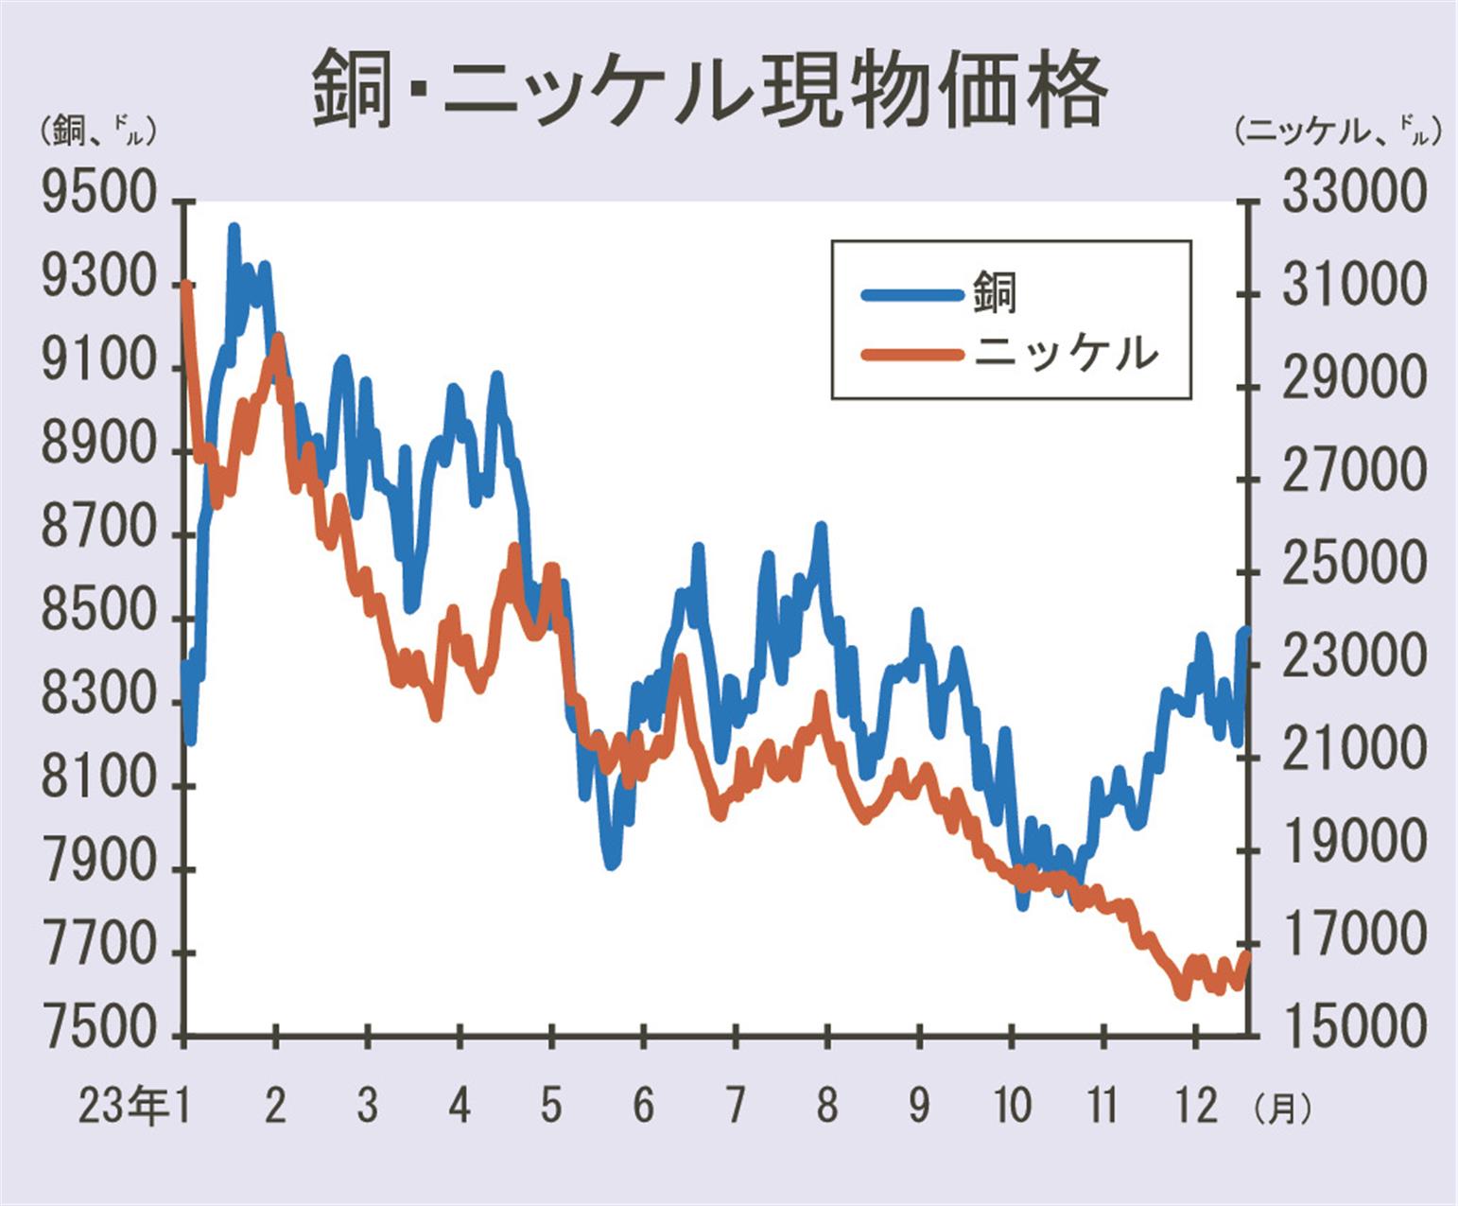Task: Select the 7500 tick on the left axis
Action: tap(98, 1030)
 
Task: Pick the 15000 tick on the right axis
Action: tap(1351, 1027)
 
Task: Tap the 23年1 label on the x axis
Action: tap(133, 1106)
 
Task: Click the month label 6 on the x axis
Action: tap(643, 1106)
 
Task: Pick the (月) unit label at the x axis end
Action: tap(1283, 1108)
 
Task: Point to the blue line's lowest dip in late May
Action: tap(612, 863)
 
